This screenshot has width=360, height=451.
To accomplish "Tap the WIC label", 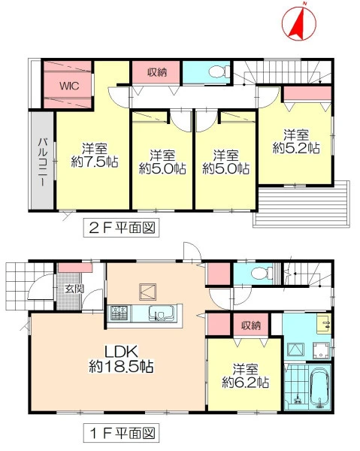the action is coord(69,86).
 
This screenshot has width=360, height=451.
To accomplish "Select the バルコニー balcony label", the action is coord(43,162).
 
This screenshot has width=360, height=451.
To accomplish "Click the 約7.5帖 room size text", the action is coord(95,162).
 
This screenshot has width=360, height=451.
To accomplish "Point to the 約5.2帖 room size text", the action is coord(296,148).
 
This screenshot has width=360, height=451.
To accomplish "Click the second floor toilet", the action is coord(219,72).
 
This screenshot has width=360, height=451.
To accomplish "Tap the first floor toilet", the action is coord(262,273).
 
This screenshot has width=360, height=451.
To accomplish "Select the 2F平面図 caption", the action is coord(121,228).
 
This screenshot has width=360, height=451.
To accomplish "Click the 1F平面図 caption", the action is coord(121,433).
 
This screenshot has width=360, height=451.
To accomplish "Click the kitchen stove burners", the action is coord(119,313).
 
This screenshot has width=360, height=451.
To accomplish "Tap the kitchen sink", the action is coord(162,313).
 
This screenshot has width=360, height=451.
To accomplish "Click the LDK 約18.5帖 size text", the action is coord(121,359).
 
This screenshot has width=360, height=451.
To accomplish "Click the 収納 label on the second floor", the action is coord(157,72).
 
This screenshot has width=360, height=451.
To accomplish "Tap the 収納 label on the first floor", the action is coord(251,325).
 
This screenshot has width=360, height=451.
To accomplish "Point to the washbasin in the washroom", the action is coord(324,324).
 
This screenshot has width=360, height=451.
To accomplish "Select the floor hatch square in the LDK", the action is coord(148,292).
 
